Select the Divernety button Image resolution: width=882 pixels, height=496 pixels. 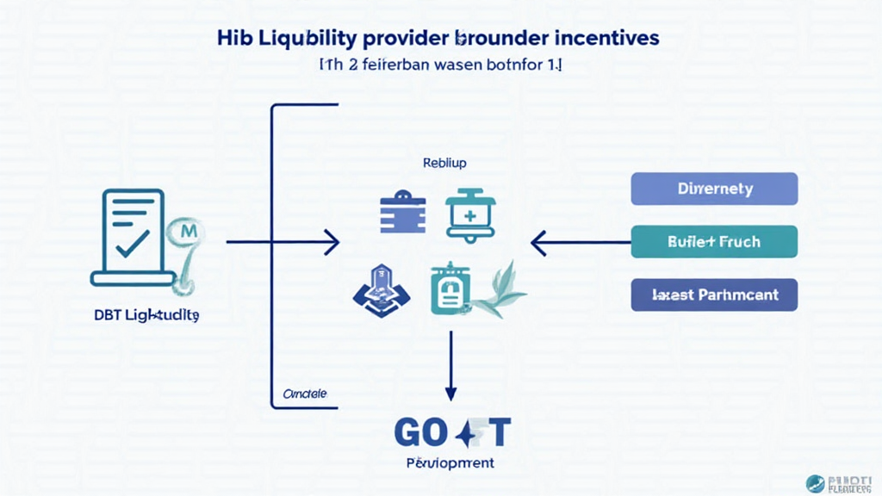pyautogui.click(x=714, y=189)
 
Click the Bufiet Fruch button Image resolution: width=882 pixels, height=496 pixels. pyautogui.click(x=714, y=242)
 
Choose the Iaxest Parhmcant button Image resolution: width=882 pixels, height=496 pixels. pyautogui.click(x=714, y=294)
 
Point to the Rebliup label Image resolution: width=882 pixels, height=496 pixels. pyautogui.click(x=444, y=162)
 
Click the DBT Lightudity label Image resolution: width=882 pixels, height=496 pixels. pyautogui.click(x=146, y=316)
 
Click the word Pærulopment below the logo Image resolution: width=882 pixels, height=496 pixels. pyautogui.click(x=450, y=463)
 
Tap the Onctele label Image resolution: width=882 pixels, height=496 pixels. pyautogui.click(x=305, y=394)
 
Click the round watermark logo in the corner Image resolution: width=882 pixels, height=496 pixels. pyautogui.click(x=813, y=483)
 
